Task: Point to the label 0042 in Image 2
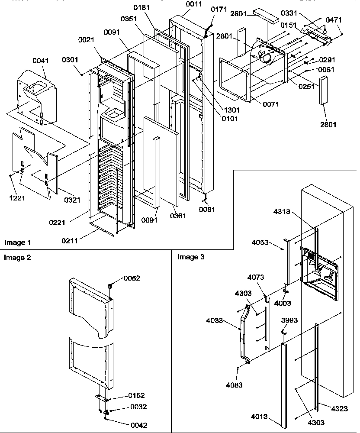pos(138,425)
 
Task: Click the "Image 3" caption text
pos(191,257)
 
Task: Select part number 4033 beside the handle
pos(215,321)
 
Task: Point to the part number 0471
pos(333,19)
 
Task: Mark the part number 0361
pos(178,216)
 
